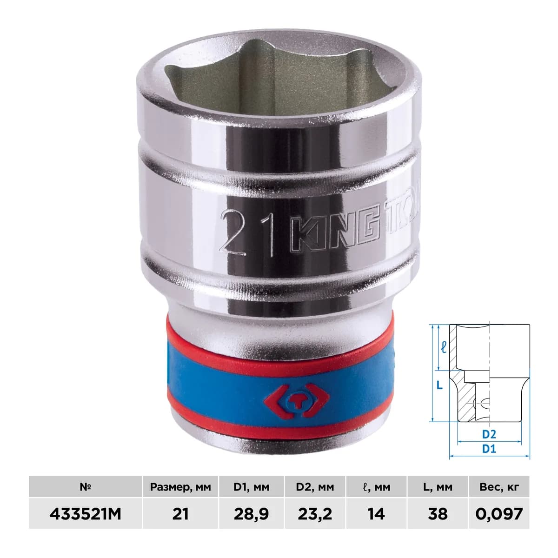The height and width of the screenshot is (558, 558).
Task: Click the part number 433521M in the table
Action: click(x=85, y=514)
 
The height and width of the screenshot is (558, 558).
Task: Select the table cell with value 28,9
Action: click(x=252, y=514)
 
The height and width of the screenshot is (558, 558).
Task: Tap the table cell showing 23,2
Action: click(x=315, y=514)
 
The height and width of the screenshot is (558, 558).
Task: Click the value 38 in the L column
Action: click(x=438, y=514)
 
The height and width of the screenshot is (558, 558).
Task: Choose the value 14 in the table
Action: click(x=376, y=514)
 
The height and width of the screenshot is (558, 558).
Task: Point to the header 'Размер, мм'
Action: click(x=180, y=487)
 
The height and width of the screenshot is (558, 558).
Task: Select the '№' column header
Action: click(x=85, y=487)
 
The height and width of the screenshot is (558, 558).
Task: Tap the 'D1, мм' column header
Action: click(x=252, y=487)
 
